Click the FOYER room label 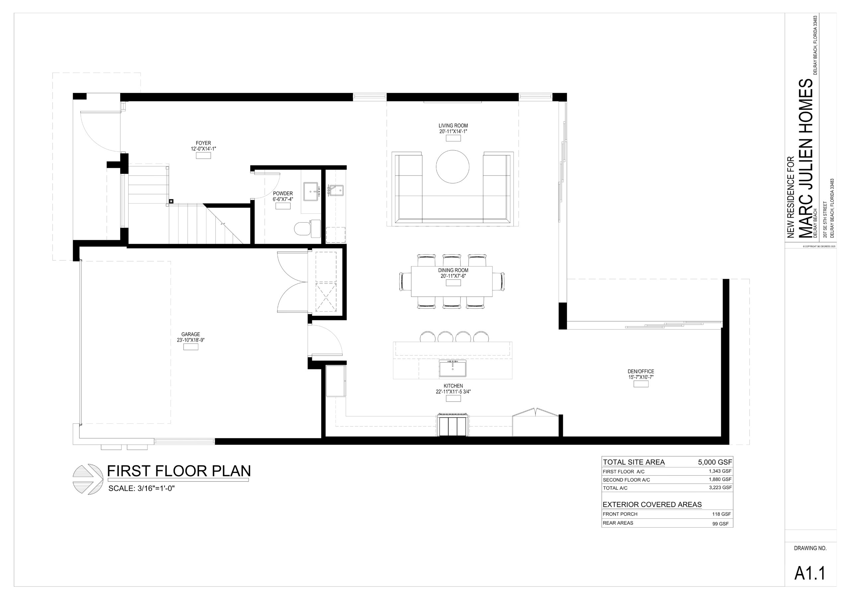[x=203, y=143]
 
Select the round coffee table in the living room [x=453, y=166]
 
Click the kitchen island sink [x=453, y=368]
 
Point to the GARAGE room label [x=191, y=334]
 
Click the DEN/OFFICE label [x=641, y=371]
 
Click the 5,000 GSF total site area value [x=715, y=462]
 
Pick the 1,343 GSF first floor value [x=720, y=471]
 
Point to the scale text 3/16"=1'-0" [x=156, y=488]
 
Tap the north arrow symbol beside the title [x=88, y=479]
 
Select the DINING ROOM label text [x=453, y=270]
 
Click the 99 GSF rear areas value [x=721, y=524]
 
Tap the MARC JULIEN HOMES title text [x=806, y=158]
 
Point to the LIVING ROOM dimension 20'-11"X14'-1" [x=453, y=131]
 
